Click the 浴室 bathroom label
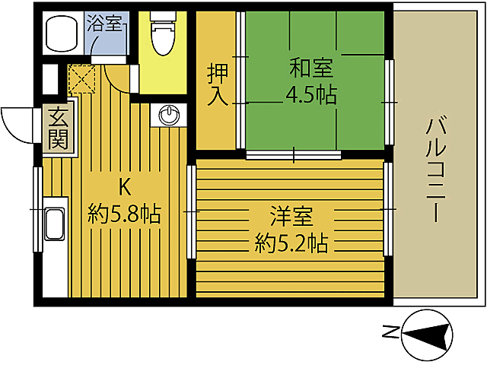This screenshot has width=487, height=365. point(105,23)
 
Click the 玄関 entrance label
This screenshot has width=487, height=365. point(59,128)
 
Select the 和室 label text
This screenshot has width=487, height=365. point(310,69)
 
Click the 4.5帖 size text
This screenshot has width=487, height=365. point(310,96)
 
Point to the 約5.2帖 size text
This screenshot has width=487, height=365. point(291,243)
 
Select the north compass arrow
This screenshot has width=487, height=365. point(431,333)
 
